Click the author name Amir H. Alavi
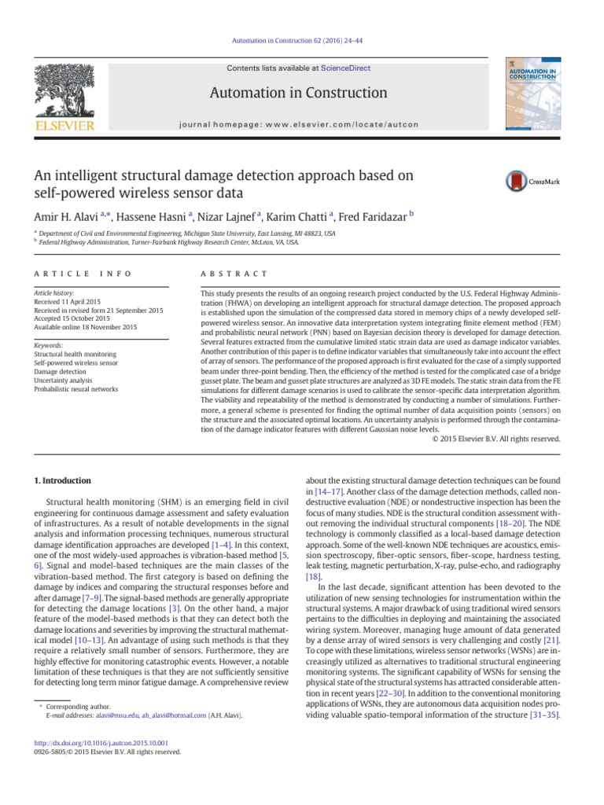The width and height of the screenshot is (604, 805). (x=68, y=216)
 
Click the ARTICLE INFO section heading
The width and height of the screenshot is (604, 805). (x=72, y=274)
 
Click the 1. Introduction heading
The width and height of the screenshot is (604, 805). (x=62, y=480)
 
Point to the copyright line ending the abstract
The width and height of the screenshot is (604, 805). (x=496, y=439)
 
